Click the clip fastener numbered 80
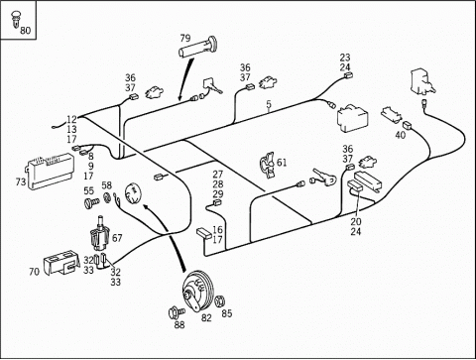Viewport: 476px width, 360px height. pos(15,20)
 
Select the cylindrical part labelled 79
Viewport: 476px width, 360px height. pos(197,49)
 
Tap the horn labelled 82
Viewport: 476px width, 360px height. pos(199,291)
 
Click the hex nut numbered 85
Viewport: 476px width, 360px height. pos(219,301)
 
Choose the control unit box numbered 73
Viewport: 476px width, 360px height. pos(51,171)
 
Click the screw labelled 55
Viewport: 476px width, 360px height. pos(91,202)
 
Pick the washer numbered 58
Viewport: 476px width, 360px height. pos(107,197)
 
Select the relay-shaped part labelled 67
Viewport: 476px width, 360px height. pos(98,233)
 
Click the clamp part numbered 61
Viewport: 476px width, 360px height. pos(267,165)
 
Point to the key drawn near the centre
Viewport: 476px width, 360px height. pos(323,178)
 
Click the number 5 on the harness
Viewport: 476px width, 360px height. pos(269,104)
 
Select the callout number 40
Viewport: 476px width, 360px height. pos(401,135)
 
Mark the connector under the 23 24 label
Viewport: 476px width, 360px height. pos(348,75)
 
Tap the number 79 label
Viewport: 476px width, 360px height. pos(185,39)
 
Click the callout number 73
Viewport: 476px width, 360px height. pos(21,181)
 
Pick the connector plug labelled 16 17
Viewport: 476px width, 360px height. pos(203,233)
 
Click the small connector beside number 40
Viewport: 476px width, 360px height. pos(407,125)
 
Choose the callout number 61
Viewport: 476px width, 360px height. pos(282,163)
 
